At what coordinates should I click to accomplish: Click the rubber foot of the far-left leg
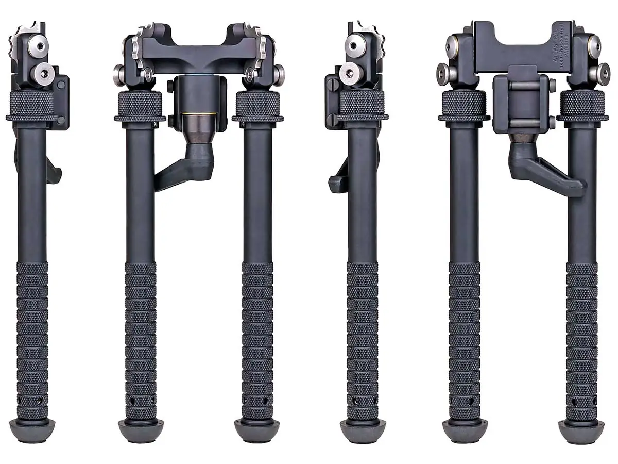[x=32, y=429]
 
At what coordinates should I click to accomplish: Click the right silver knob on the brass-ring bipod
[x=279, y=74]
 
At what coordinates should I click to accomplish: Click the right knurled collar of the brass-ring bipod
[x=257, y=106]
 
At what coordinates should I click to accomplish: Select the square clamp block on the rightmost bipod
[x=520, y=104]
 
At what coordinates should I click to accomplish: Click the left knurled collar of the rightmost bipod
[x=464, y=106]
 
